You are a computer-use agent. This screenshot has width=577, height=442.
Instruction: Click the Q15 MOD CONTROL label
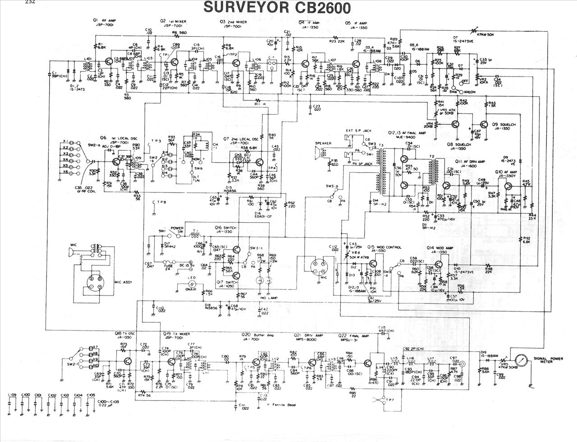384,247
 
